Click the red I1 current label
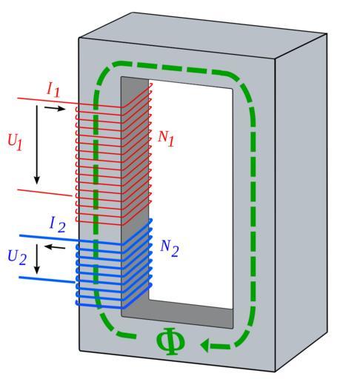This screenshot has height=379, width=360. pos(53,89)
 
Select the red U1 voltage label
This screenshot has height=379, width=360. pos(15,141)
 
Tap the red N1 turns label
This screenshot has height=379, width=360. pos(166,138)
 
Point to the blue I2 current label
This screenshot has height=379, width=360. pos(58,224)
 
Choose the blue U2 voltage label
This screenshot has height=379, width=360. pos(17,257)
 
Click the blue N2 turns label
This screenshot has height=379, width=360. pos(169,248)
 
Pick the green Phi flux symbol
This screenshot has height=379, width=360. pos(170,341)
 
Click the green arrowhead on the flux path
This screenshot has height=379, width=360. pos(204,344)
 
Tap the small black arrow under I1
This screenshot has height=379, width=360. pos(55,108)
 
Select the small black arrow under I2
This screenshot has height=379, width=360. pos(55,246)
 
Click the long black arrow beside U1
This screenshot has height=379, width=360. pos(37,144)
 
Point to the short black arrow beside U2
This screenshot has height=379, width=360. pos(37,259)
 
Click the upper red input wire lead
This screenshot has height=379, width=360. pos(47,101)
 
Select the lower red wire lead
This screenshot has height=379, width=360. pos(44,192)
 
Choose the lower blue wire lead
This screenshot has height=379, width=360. pos(47,280)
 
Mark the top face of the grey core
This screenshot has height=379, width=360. pos(202,36)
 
